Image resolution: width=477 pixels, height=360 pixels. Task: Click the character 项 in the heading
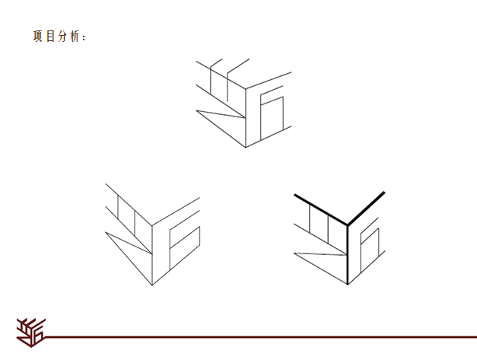click(38, 37)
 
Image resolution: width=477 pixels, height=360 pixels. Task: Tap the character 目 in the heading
click(50, 37)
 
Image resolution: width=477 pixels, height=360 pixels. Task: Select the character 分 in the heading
click(62, 37)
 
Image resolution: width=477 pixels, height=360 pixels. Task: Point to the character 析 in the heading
click(75, 37)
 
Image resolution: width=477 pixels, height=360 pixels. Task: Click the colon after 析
click(84, 38)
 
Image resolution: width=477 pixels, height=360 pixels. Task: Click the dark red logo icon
click(31, 333)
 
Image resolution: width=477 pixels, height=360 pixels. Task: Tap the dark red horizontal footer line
click(261, 337)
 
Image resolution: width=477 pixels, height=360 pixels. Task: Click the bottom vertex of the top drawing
click(246, 148)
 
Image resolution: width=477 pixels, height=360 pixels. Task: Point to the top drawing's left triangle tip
click(196, 110)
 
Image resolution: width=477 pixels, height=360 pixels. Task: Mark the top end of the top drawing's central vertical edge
click(246, 89)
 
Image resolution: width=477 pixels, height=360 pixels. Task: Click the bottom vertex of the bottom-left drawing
click(152, 285)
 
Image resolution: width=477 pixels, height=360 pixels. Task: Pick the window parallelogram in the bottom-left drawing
click(185, 248)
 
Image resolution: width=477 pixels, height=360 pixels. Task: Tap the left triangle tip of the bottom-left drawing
click(106, 232)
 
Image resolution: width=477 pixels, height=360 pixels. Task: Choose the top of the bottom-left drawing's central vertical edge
click(152, 225)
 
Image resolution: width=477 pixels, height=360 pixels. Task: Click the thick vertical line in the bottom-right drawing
click(348, 255)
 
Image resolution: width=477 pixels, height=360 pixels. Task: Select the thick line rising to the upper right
click(366, 209)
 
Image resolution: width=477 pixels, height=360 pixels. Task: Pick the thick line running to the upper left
click(320, 209)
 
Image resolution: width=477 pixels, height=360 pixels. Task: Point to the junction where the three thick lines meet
click(348, 225)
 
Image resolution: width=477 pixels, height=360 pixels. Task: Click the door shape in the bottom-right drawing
click(370, 250)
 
